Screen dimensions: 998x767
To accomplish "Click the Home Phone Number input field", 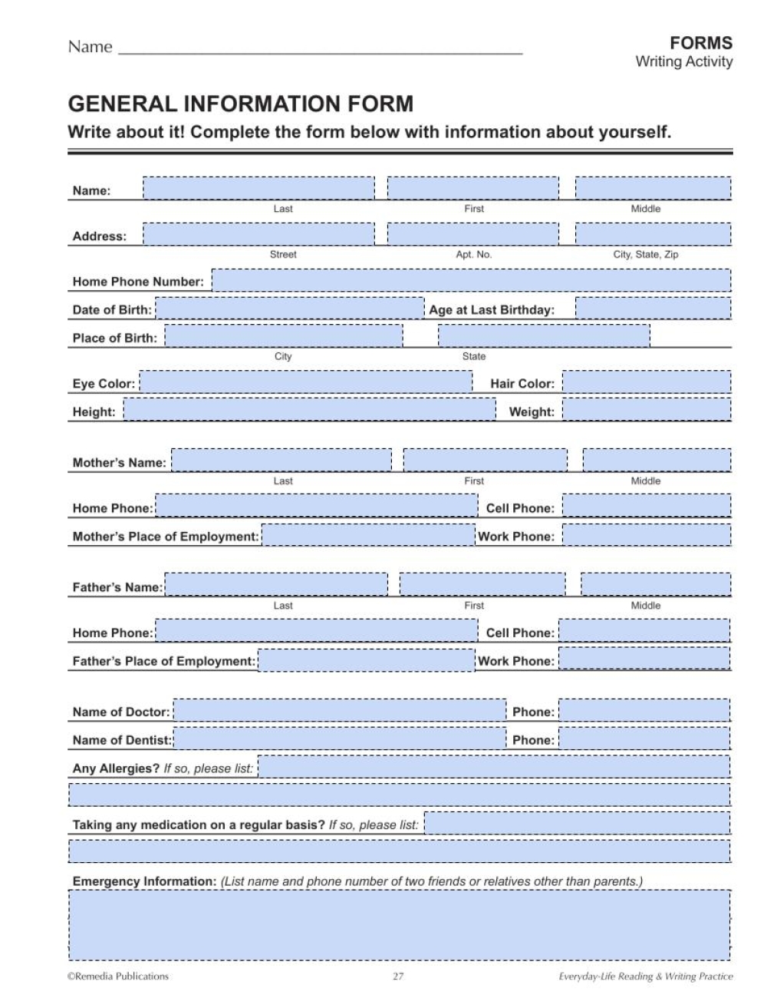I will coord(471,281).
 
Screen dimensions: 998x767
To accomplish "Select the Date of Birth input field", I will coord(289,309).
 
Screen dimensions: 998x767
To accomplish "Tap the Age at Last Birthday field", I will coord(653,309).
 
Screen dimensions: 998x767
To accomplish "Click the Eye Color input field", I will coord(305,383).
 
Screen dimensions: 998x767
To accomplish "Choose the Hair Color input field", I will coord(647,383).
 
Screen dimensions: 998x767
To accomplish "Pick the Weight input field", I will coord(647,411).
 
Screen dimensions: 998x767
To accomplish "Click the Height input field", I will coord(310,411).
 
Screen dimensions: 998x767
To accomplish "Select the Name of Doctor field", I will coord(340,712).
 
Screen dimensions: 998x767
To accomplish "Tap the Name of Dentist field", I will coord(340,740).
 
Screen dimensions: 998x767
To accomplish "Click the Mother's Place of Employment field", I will coord(368,536).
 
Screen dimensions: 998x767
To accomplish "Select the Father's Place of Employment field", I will coord(367,661).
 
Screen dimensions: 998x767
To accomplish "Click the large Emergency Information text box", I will coord(400,925).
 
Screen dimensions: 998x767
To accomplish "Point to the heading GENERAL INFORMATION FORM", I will coord(241,104).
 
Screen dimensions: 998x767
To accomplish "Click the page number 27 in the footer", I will coord(398,977).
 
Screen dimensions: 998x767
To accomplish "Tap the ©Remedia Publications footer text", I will coord(118,977).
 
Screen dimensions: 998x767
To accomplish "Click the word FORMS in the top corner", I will coord(701,43).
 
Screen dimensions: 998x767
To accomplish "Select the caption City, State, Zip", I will coord(645,254).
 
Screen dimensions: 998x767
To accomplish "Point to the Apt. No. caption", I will coord(473,254).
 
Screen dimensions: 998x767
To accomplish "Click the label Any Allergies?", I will coord(116,768).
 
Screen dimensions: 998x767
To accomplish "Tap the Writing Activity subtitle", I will coord(683,62).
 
